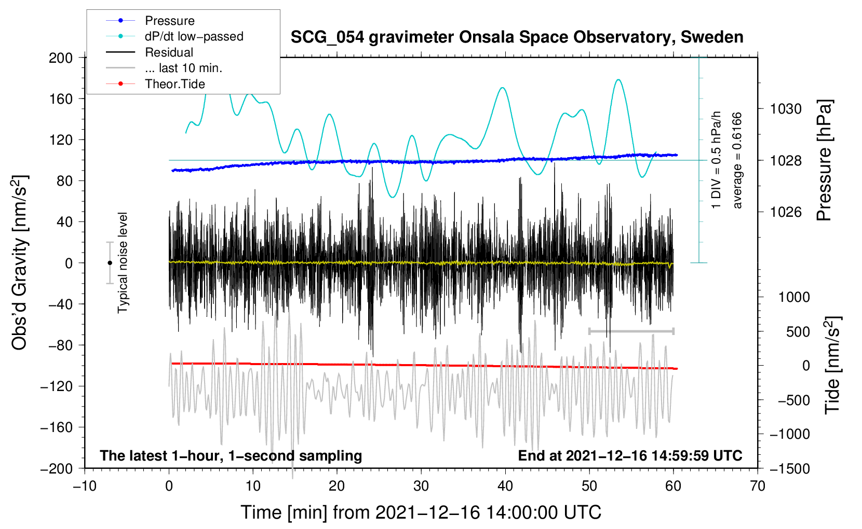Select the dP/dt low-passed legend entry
tap(194, 36)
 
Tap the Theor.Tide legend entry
tap(174, 84)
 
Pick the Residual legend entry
tap(169, 52)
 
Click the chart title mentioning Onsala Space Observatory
tap(517, 37)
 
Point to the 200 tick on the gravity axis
tap(61, 58)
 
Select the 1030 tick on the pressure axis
tap(786, 109)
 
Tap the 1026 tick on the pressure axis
tap(786, 212)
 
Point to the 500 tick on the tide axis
tap(798, 331)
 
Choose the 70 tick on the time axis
tap(758, 486)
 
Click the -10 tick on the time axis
tap(85, 486)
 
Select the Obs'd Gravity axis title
tap(20, 262)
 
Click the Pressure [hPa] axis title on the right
tap(824, 161)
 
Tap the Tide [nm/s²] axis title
tap(832, 365)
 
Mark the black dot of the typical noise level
tap(110, 263)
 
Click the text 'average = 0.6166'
tap(737, 161)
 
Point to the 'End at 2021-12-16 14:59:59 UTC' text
tap(630, 455)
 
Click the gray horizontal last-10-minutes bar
tap(631, 331)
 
